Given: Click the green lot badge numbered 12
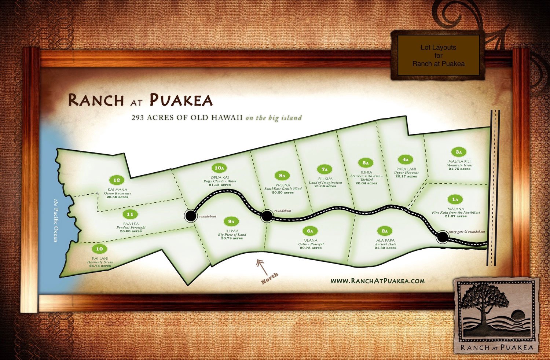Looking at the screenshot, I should pyautogui.click(x=117, y=180).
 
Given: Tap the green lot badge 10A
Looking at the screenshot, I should pyautogui.click(x=219, y=168).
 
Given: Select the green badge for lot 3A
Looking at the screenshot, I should pyautogui.click(x=459, y=152).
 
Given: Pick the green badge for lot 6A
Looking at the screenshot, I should pyautogui.click(x=310, y=231).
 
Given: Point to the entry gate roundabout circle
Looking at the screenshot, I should pyautogui.click(x=443, y=237).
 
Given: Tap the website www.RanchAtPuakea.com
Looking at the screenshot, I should pyautogui.click(x=377, y=281).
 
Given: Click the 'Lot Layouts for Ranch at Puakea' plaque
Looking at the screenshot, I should pyautogui.click(x=438, y=55).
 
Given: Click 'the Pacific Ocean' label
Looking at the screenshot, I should pyautogui.click(x=56, y=220).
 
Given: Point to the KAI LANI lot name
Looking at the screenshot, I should pyautogui.click(x=100, y=258).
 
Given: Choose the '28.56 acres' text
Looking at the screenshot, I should pyautogui.click(x=117, y=197).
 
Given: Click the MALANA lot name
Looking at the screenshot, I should pyautogui.click(x=456, y=209).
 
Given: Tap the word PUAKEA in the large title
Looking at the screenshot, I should pyautogui.click(x=181, y=100).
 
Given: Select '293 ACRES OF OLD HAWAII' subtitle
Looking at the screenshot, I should pyautogui.click(x=187, y=118).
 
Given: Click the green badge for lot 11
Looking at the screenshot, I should pyautogui.click(x=130, y=214).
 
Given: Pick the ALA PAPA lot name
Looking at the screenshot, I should pyautogui.click(x=385, y=240).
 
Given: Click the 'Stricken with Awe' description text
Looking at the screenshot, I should pyautogui.click(x=366, y=176).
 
